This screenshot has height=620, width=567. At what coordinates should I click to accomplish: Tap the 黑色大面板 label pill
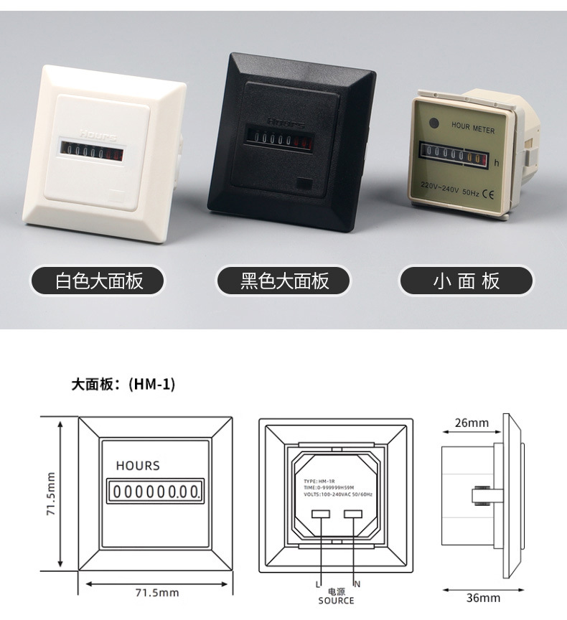point(284,281)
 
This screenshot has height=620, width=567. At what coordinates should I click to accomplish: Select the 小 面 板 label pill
point(467,281)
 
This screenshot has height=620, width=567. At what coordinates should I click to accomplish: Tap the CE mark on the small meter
point(486,192)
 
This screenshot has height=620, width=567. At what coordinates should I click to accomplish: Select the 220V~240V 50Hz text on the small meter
point(450,192)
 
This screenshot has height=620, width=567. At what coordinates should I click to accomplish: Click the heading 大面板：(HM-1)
point(123,384)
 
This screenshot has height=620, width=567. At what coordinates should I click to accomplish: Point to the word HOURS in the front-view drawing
point(138,466)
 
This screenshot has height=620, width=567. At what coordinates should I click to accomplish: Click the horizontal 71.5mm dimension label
point(157,593)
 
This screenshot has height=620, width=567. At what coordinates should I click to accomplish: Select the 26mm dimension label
point(472,423)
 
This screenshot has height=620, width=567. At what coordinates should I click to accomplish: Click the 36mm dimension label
point(483,597)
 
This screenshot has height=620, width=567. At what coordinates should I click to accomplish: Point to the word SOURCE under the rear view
point(336,601)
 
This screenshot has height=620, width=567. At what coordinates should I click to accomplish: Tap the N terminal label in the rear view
point(357,584)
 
